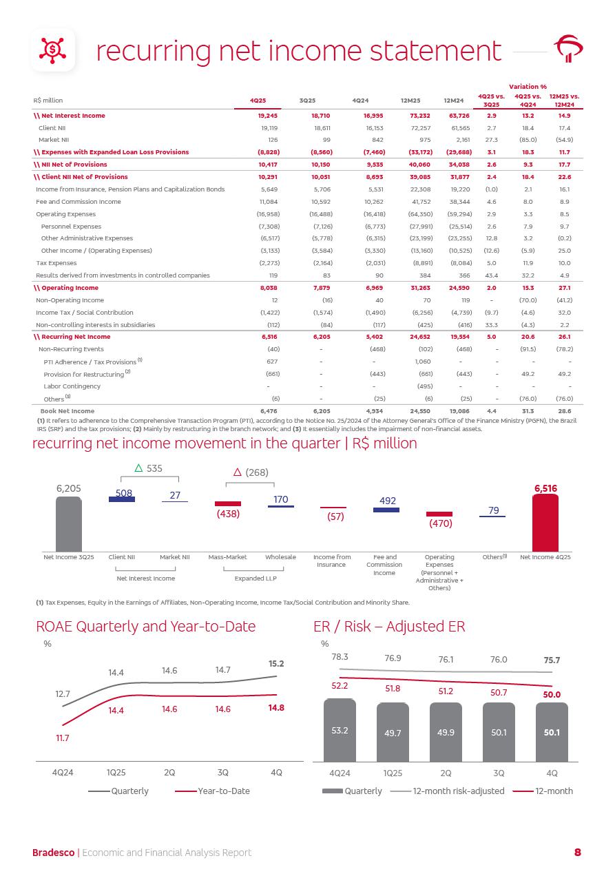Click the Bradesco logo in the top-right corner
pyautogui.click(x=570, y=50)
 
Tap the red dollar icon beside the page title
pyautogui.click(x=52, y=49)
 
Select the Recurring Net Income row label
pyautogui.click(x=72, y=337)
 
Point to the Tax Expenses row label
pyautogui.click(x=56, y=263)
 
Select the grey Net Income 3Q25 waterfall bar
pyautogui.click(x=69, y=521)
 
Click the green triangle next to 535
pyautogui.click(x=138, y=468)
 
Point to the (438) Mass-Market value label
pyautogui.click(x=227, y=514)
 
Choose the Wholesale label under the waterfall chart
pyautogui.click(x=280, y=556)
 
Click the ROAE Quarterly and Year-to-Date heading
pyautogui.click(x=145, y=626)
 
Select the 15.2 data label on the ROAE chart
pyautogui.click(x=276, y=664)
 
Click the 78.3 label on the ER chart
pyautogui.click(x=340, y=657)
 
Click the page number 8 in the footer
pyautogui.click(x=578, y=853)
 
